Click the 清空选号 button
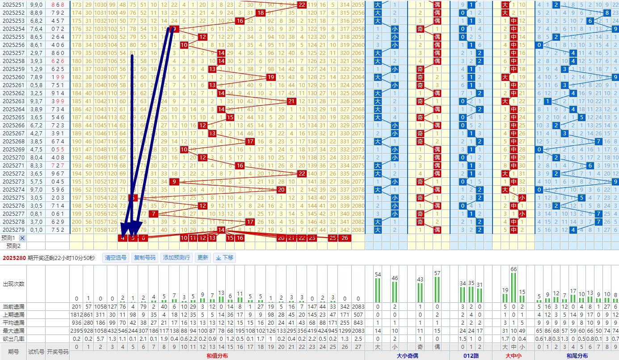115,258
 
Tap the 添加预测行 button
177,258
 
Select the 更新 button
202,258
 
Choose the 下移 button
224,258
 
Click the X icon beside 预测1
22,238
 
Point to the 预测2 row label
13,246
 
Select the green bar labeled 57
437,289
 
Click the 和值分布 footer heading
217,356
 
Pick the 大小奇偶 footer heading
408,356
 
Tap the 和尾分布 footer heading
577,356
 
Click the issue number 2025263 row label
13,101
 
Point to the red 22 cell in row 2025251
302,5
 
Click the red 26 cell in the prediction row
344,238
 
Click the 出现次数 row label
13,284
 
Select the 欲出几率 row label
13,339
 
